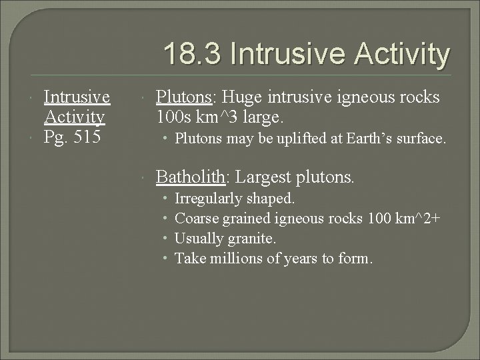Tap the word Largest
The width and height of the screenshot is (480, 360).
266,177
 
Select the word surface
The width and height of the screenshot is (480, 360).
421,139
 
